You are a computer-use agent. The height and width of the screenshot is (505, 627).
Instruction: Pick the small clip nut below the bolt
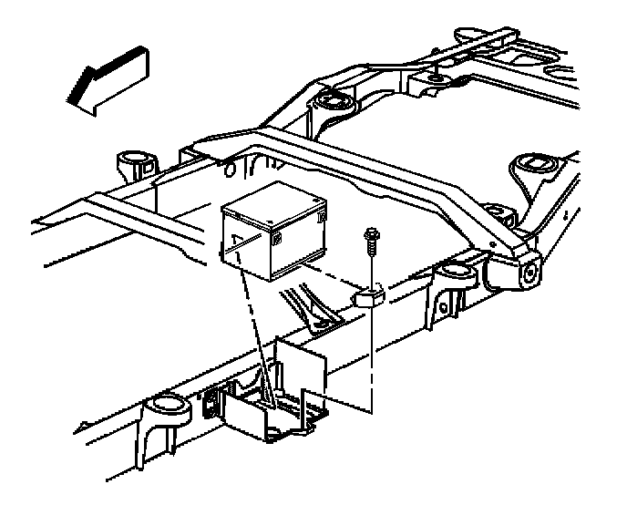coord(369,297)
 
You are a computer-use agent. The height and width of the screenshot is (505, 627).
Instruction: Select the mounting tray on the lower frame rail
coord(269,401)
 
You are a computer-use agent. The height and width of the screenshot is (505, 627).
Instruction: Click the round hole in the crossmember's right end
coord(527,272)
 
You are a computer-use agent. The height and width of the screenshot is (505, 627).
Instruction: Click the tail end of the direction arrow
coord(137,60)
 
